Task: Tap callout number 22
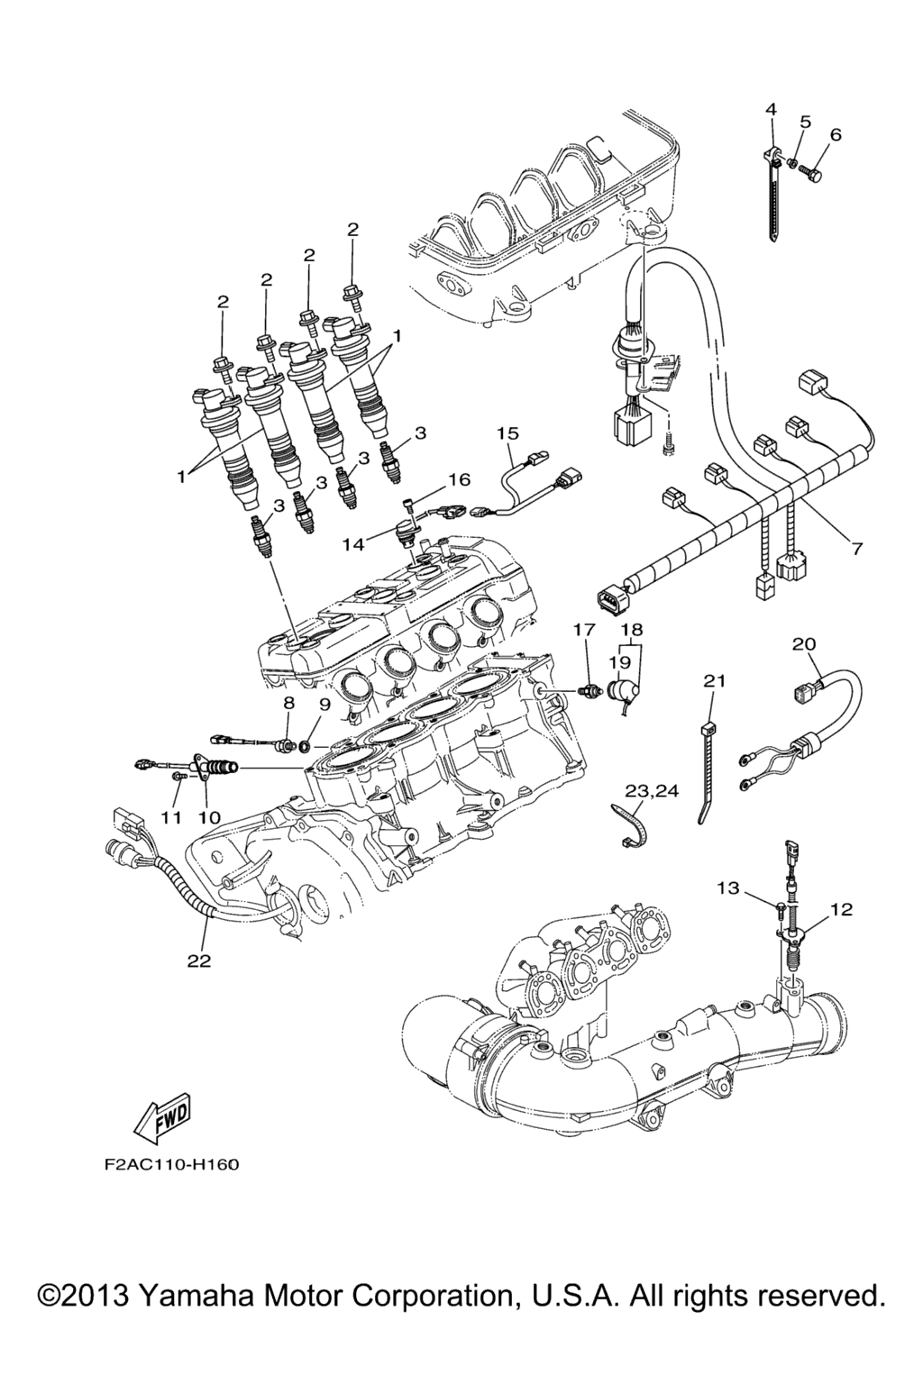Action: click(x=198, y=961)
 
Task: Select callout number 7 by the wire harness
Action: click(x=856, y=547)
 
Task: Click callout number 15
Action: click(x=507, y=433)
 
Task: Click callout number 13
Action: click(x=728, y=888)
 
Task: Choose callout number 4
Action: click(x=771, y=109)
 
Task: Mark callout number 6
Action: click(x=836, y=135)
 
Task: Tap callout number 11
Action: click(x=171, y=817)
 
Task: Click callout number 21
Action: click(x=714, y=682)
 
